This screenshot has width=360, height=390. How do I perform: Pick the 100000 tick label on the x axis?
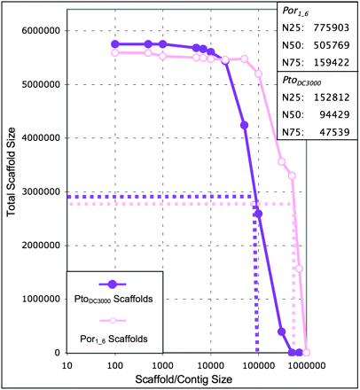point(256,363)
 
